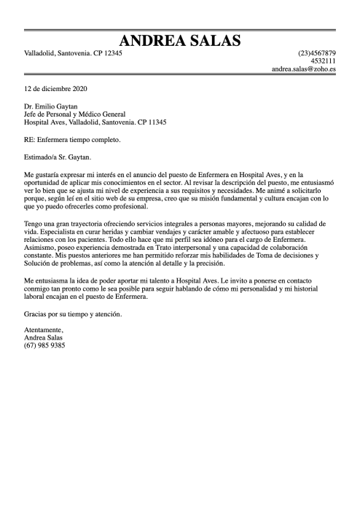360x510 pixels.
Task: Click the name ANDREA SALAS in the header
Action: point(180,39)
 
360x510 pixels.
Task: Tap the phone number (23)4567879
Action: point(317,53)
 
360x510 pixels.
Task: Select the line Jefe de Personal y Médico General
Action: point(74,114)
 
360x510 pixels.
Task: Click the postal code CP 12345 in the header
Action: point(107,53)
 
